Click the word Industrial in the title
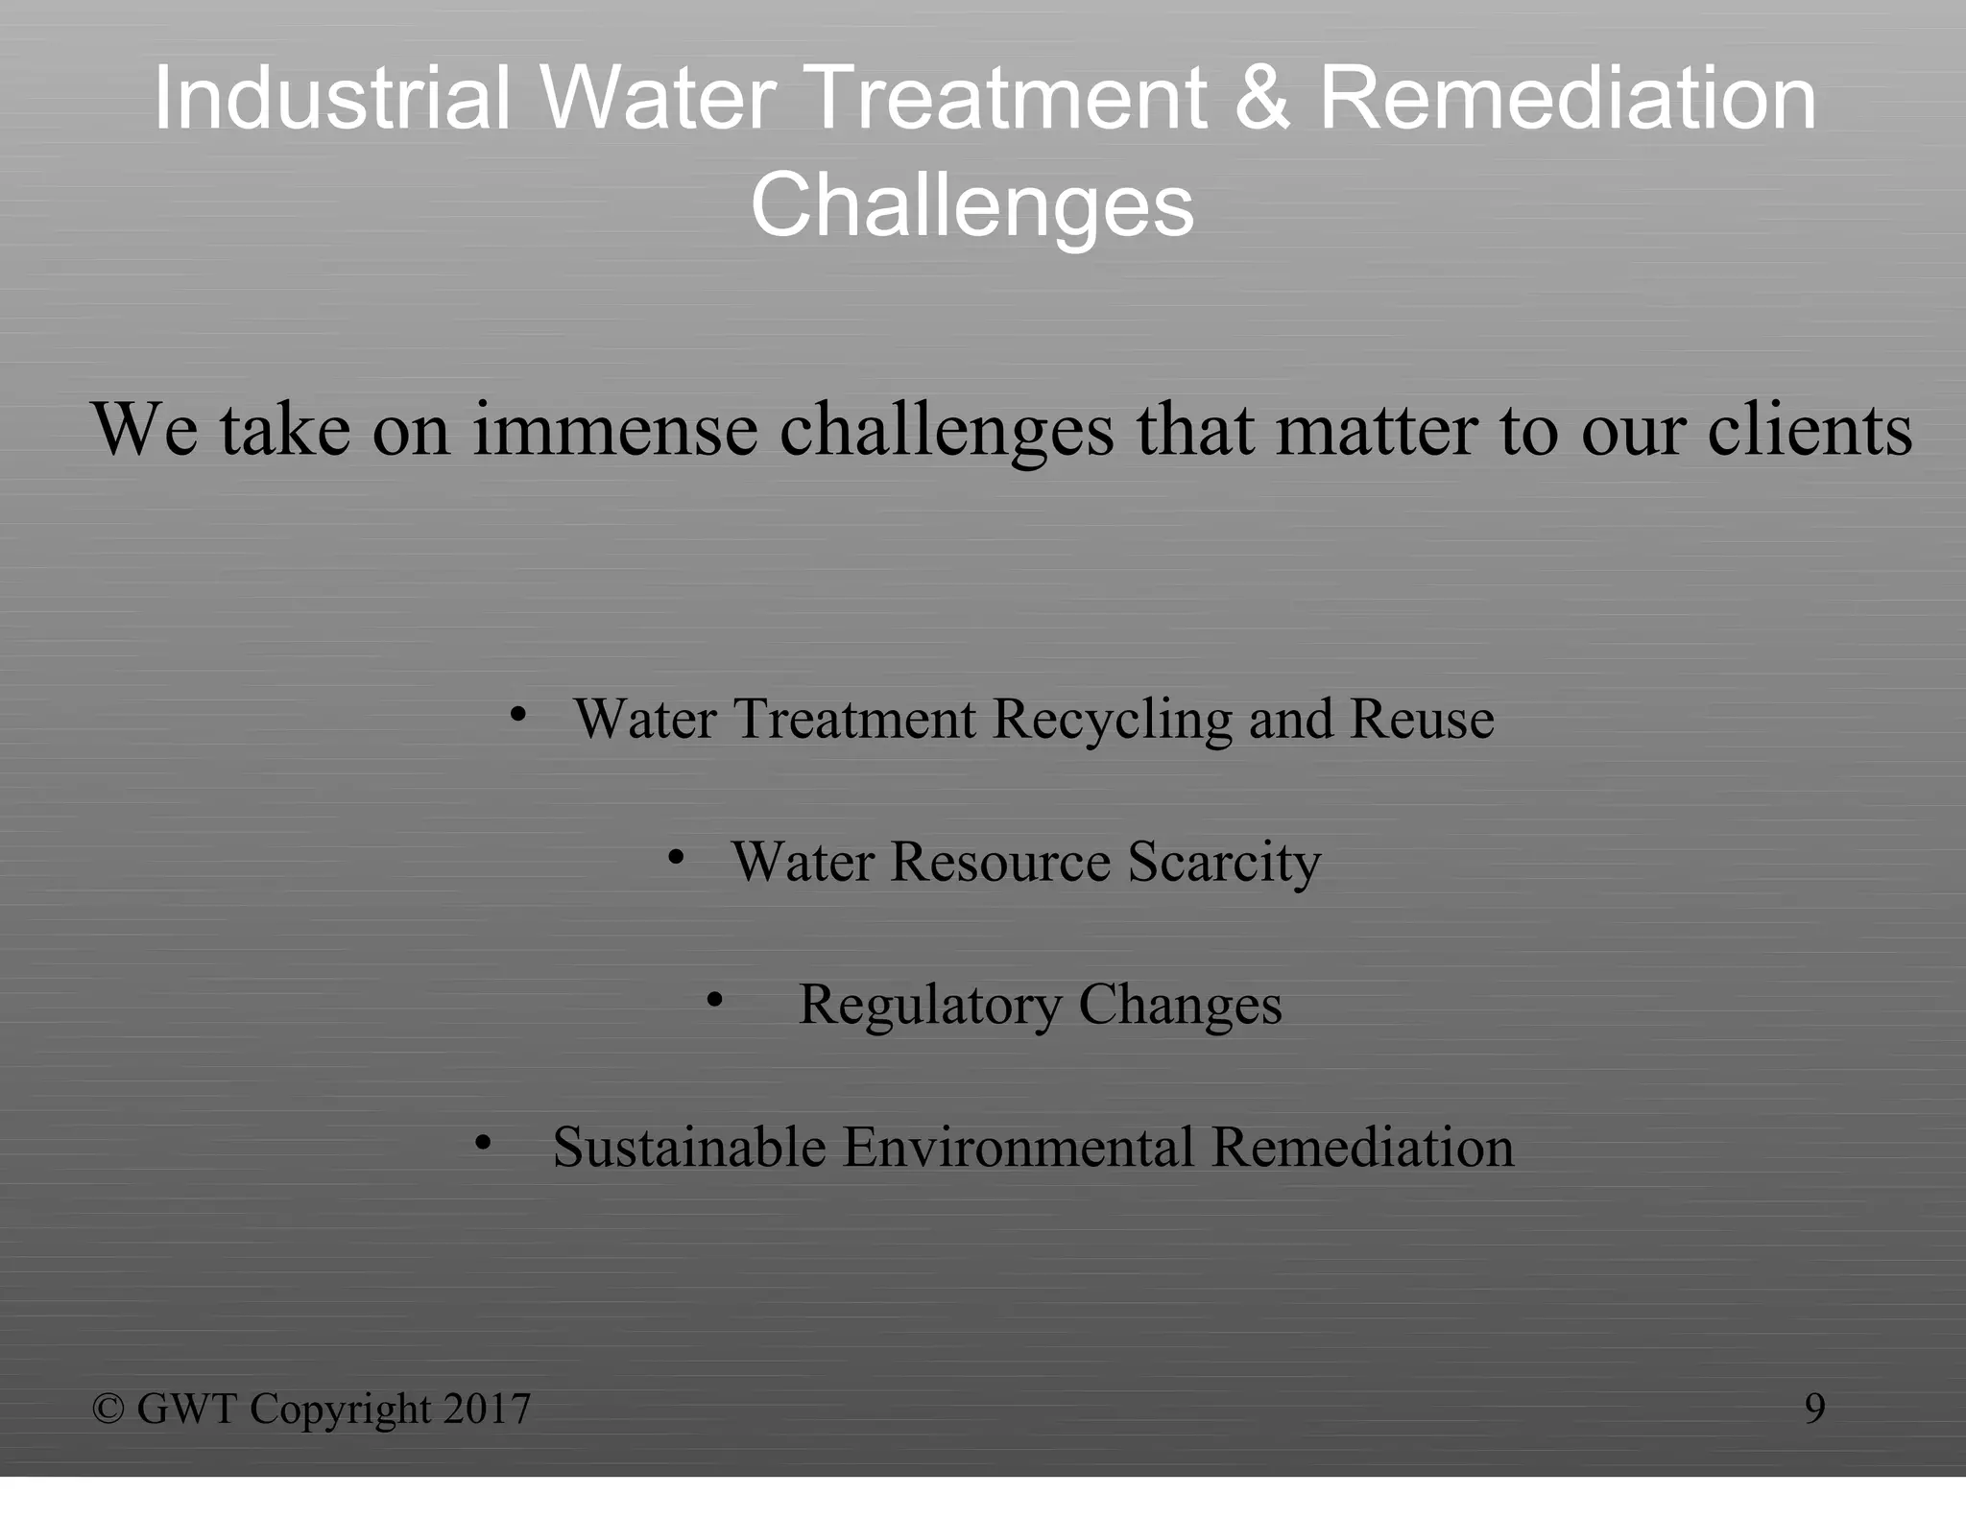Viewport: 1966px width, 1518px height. [x=331, y=98]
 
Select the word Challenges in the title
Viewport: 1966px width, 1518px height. [x=971, y=205]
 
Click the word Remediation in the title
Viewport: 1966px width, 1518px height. [x=1568, y=98]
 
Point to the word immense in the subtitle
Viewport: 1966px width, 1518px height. [x=614, y=429]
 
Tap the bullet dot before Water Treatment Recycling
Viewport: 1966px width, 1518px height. [x=518, y=714]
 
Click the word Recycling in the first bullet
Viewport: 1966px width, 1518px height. [x=1112, y=719]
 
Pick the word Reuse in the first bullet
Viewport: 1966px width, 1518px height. [x=1422, y=719]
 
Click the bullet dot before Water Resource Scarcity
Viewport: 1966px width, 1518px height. [x=676, y=857]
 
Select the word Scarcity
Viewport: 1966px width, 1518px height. [x=1224, y=862]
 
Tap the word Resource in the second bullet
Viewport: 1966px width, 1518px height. [x=999, y=862]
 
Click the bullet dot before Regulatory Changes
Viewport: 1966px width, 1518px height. [x=714, y=1000]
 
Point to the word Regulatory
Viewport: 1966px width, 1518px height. [x=929, y=1005]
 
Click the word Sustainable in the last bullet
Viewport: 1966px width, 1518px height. [x=688, y=1147]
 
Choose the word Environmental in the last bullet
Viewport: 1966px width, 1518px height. [x=1018, y=1147]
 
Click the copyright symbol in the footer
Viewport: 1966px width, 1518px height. [x=108, y=1409]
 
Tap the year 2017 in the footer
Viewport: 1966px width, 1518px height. [x=487, y=1409]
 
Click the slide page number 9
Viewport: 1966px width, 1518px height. [x=1814, y=1409]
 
